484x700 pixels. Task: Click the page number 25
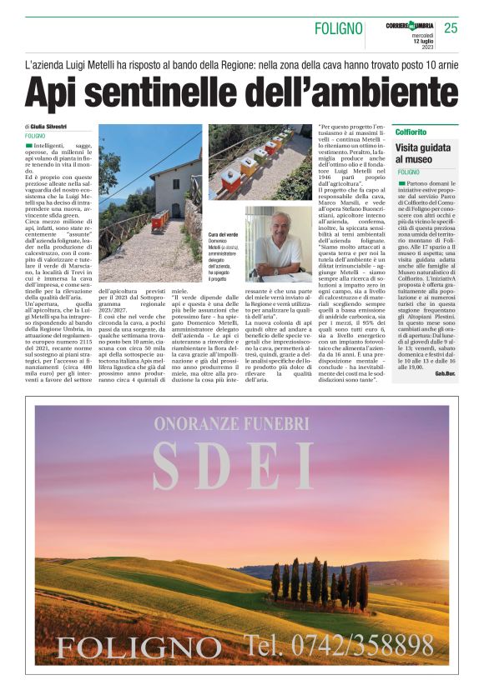click(x=451, y=28)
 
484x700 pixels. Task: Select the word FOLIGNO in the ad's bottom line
click(x=128, y=646)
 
